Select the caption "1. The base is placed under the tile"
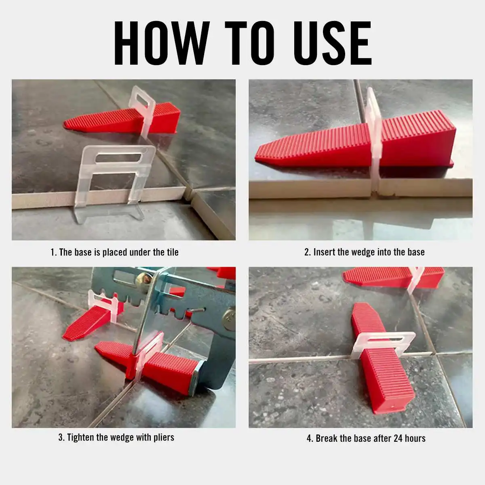pos(114,253)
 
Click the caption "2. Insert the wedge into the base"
pos(364,252)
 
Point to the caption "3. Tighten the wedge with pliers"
pos(116,437)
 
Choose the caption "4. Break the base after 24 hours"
pos(366,438)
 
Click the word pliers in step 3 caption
pos(163,437)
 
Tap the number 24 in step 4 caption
pos(398,438)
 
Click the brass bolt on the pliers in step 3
pos(143,278)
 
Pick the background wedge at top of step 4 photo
pos(388,277)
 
